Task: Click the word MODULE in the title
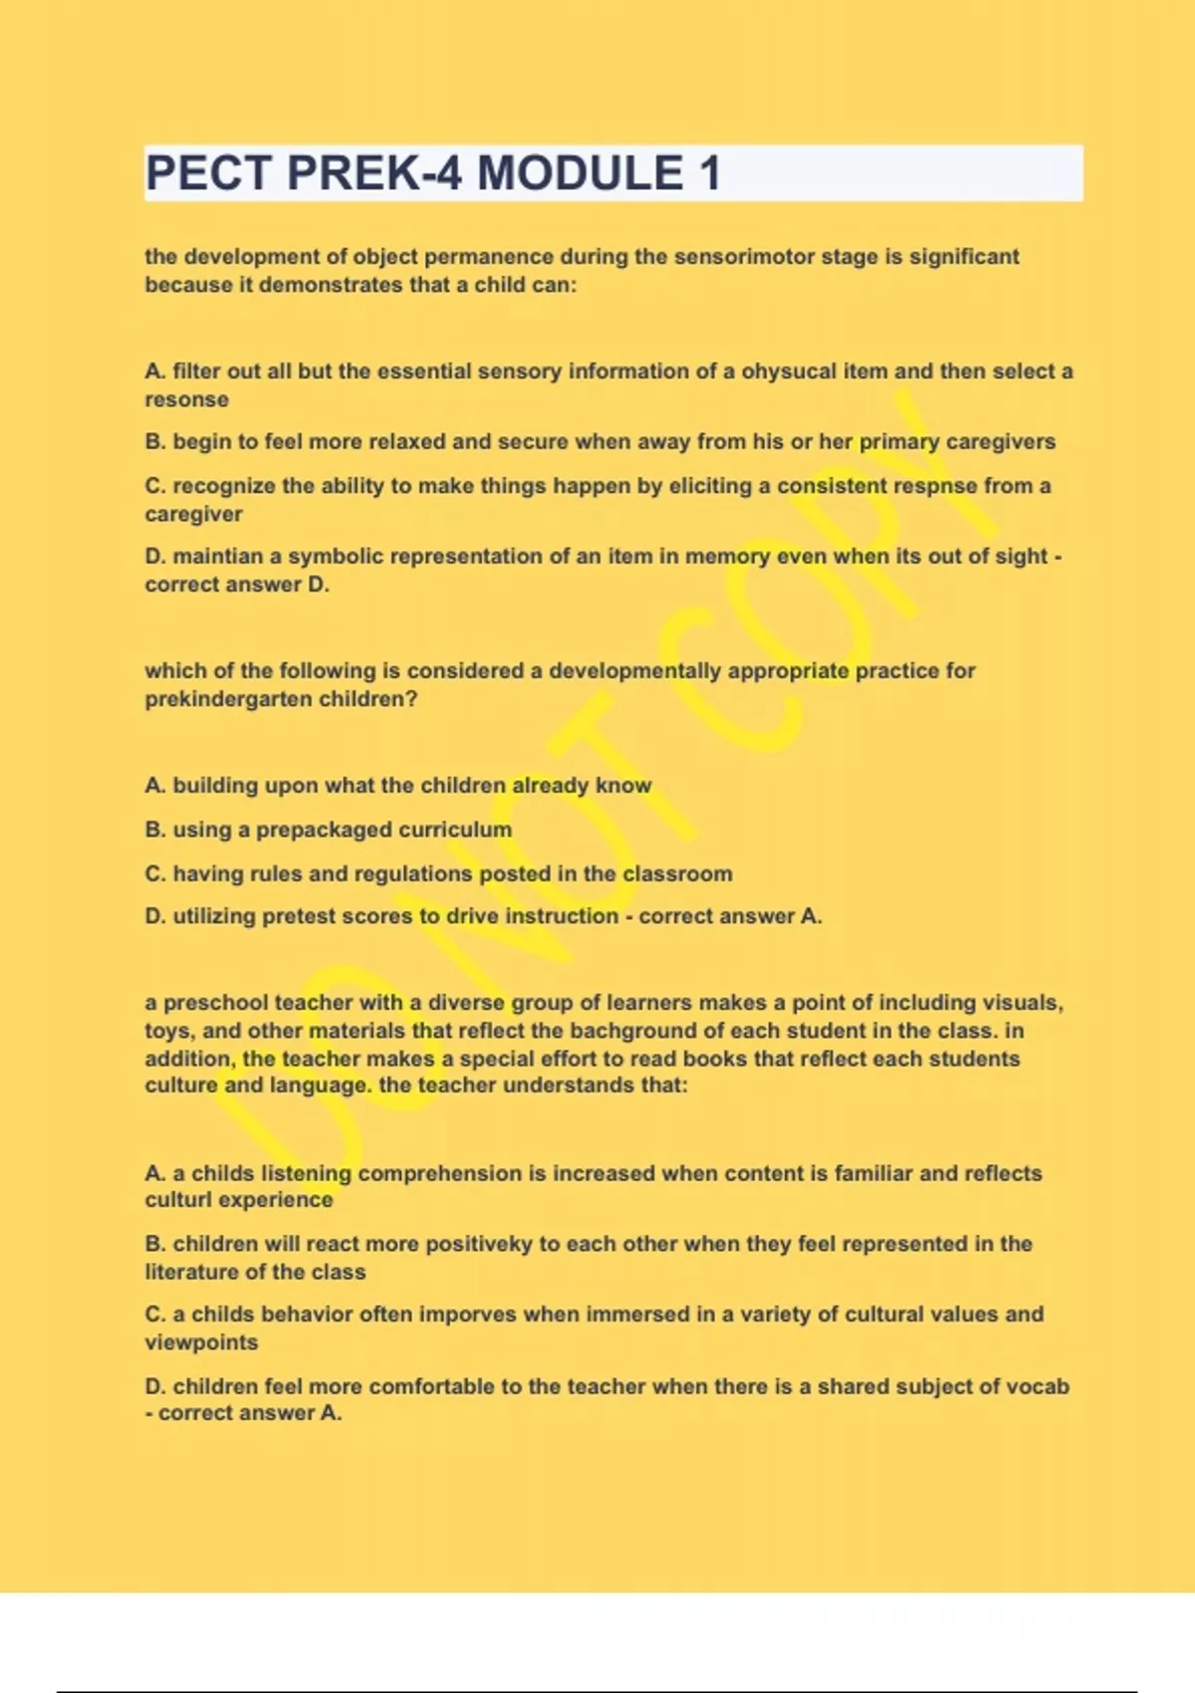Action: coord(580,173)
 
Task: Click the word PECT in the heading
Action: coord(208,173)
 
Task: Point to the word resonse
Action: coord(186,400)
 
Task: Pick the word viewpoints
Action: coord(201,1342)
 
